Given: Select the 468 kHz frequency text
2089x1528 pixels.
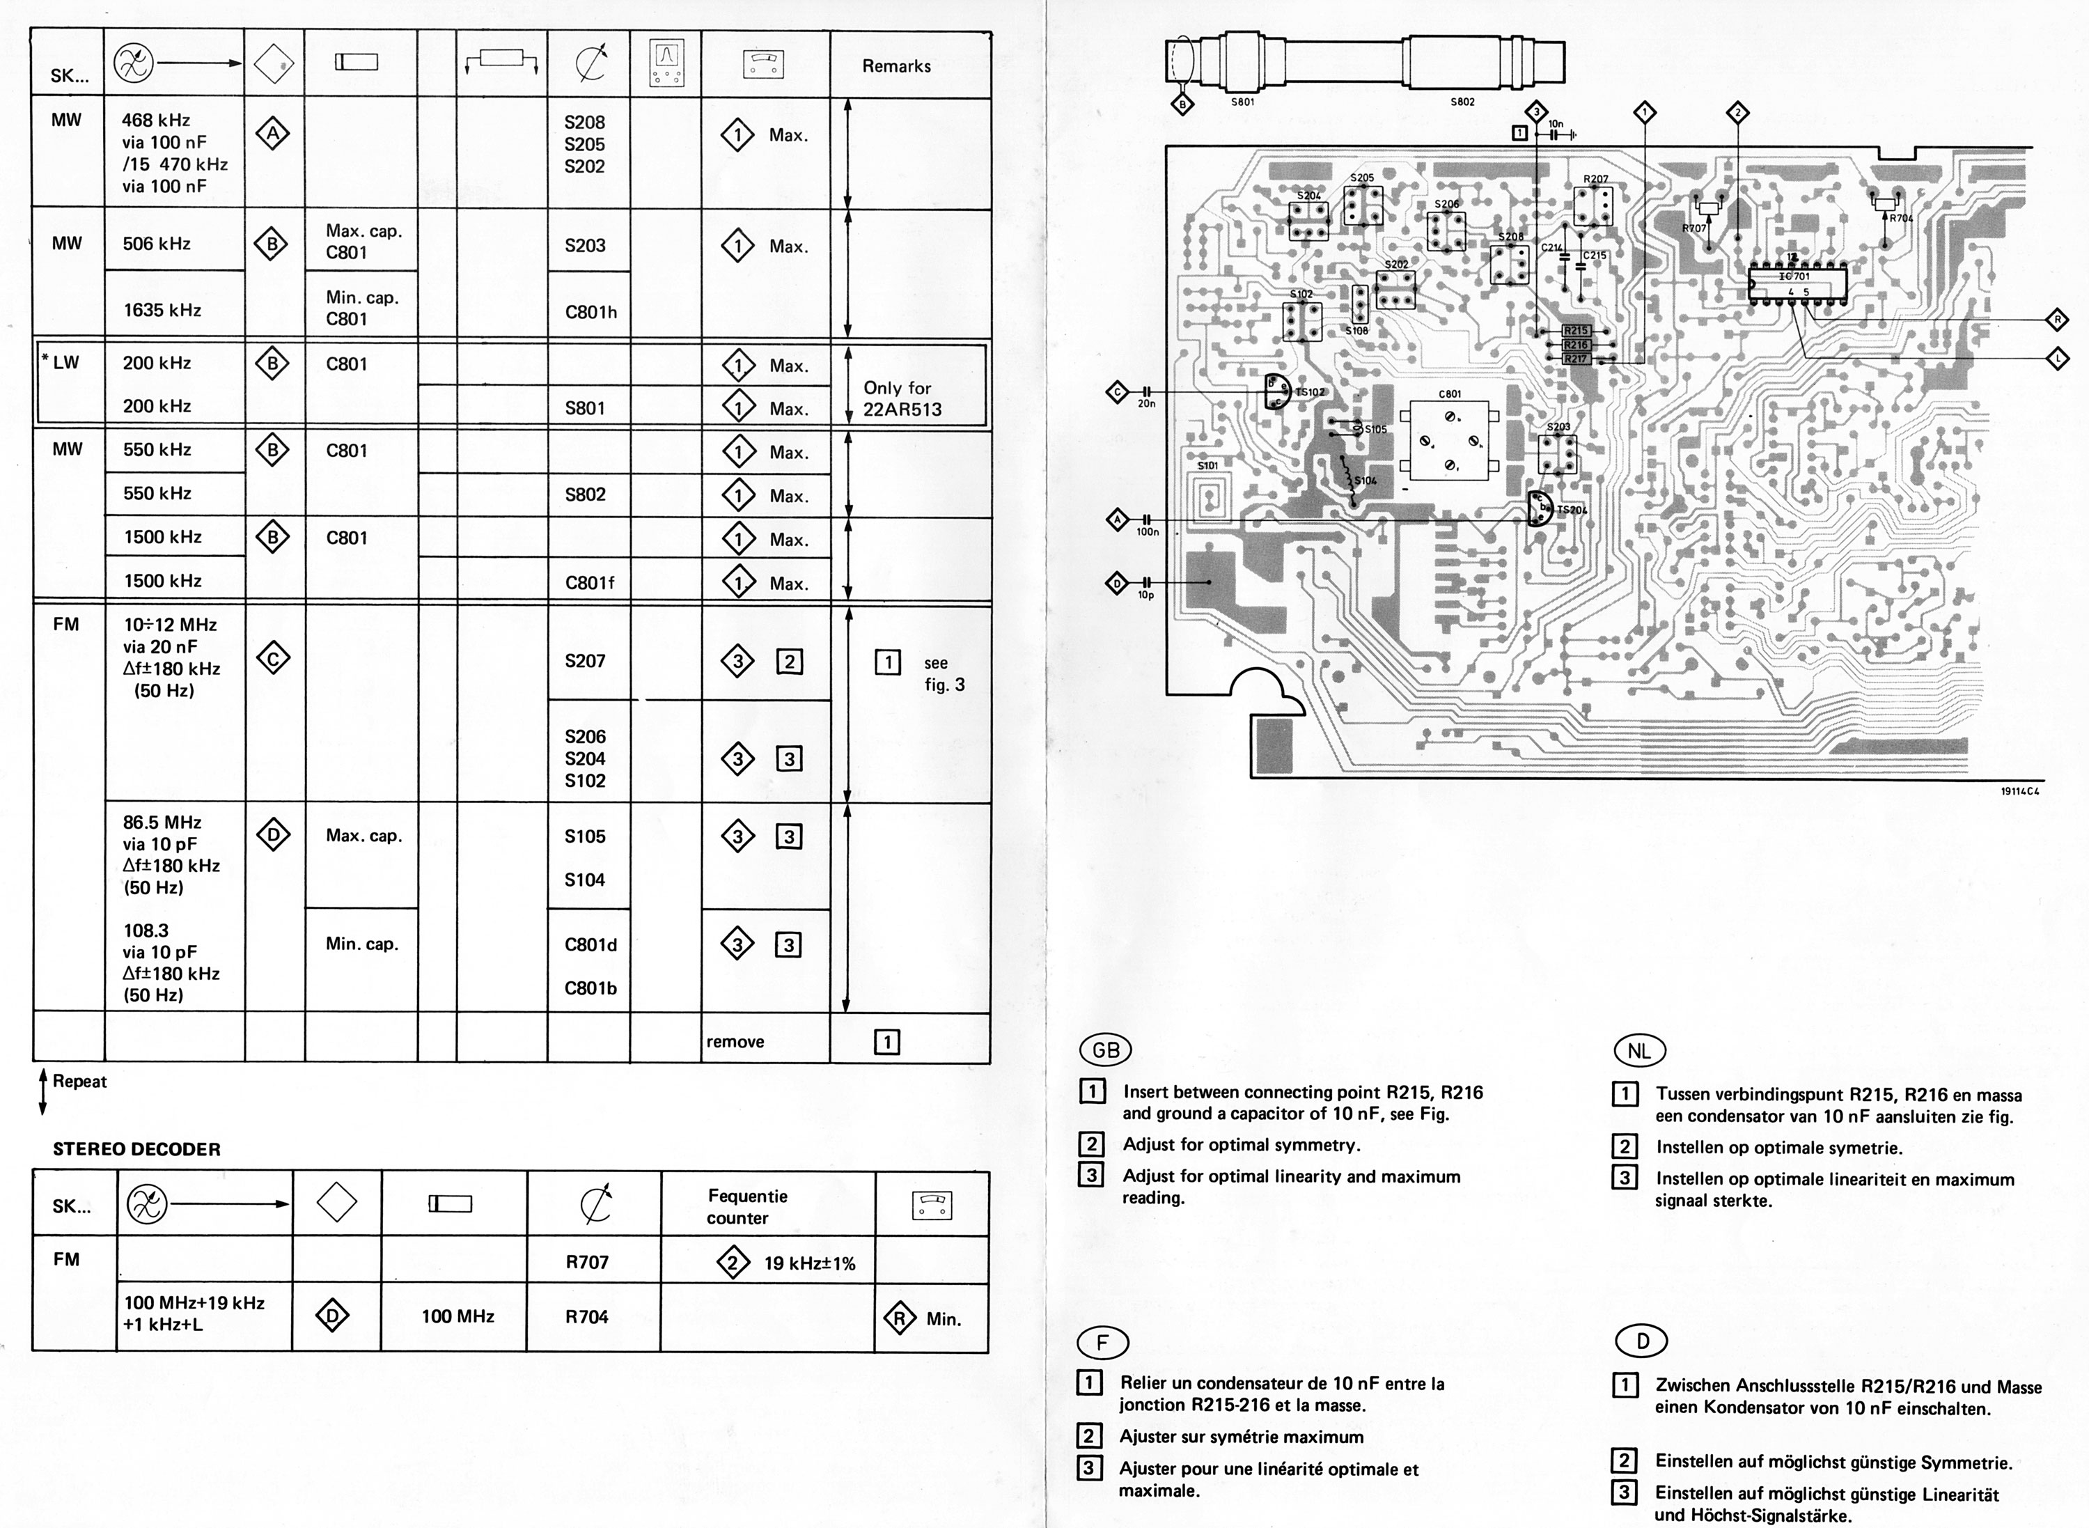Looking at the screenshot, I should point(155,120).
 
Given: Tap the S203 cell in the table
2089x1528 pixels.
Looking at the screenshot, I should point(586,246).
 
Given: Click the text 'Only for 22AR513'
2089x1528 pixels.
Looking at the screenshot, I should point(902,398).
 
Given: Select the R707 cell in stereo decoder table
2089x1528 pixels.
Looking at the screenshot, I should point(587,1263).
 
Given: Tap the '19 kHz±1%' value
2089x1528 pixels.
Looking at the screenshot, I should point(809,1263).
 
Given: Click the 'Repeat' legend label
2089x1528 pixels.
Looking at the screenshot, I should point(79,1082).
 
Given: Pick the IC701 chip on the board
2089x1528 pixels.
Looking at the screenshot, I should point(1795,276).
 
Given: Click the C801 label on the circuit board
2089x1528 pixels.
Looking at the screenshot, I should point(1450,394).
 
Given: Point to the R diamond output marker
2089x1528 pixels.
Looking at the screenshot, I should point(2058,320).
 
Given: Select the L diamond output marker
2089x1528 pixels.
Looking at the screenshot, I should point(2058,358).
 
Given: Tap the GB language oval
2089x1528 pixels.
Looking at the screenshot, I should point(1106,1050).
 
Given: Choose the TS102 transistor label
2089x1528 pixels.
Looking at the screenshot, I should point(1309,392).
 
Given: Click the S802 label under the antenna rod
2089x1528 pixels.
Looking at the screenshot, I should point(1462,102).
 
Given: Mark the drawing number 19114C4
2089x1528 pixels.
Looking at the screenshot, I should point(2019,791).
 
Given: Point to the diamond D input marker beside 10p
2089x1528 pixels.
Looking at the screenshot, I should point(1117,583).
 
